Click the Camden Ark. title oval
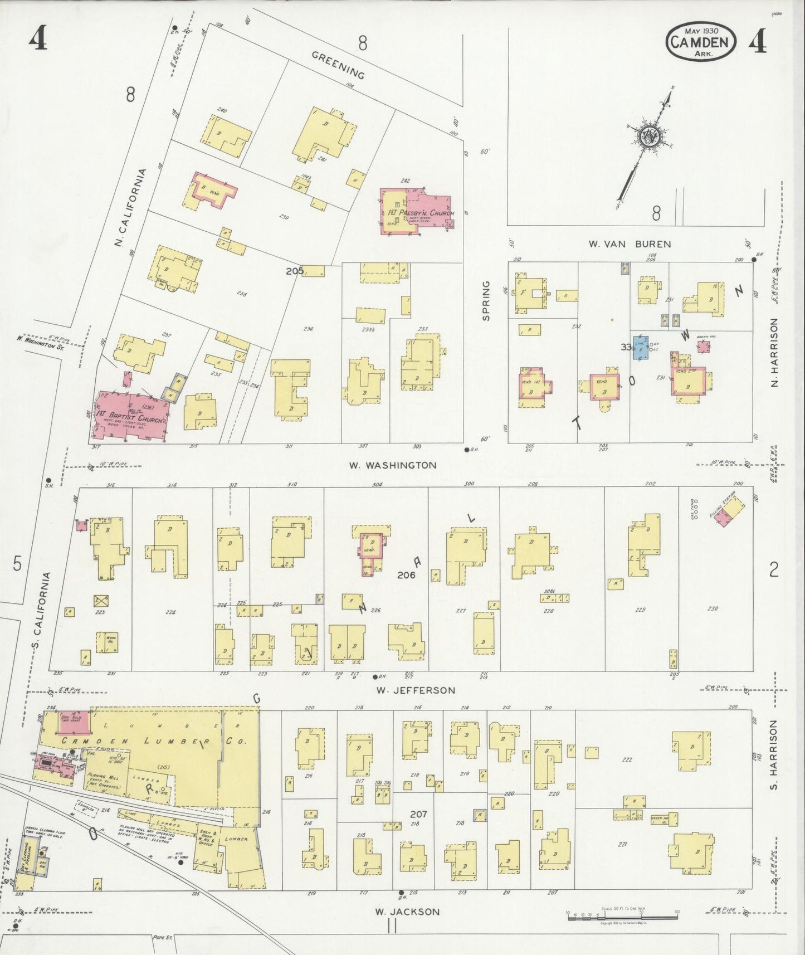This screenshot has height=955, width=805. [700, 41]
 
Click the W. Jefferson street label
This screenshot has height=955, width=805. [415, 690]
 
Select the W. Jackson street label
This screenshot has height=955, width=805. [407, 912]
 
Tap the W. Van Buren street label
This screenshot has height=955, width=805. [630, 244]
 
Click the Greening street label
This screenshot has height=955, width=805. [338, 65]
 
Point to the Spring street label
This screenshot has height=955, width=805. [486, 301]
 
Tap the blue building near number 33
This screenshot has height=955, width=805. [640, 347]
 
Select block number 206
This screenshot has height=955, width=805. [406, 576]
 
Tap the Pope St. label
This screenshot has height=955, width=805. [163, 938]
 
